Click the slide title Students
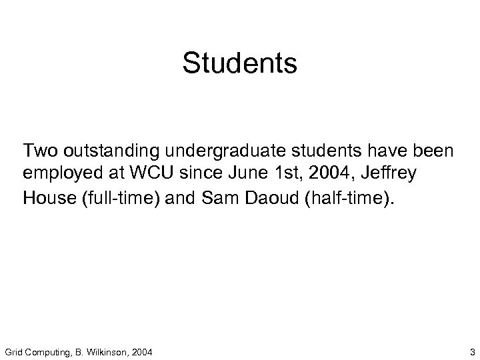[239, 64]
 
